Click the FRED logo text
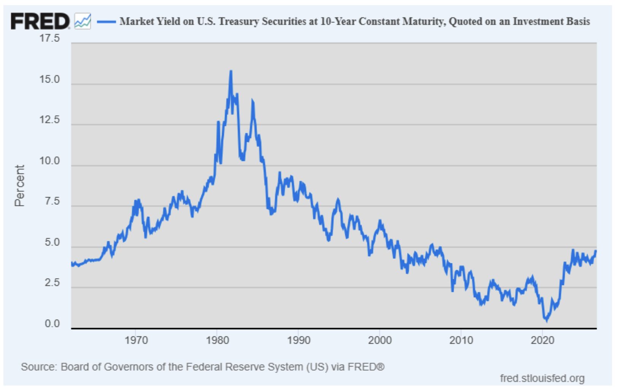pos(40,21)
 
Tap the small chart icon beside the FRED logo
pos(83,21)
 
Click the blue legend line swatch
pos(107,21)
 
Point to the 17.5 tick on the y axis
pos(49,38)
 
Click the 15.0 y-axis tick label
pos(49,80)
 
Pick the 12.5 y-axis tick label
pos(49,120)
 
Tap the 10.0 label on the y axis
pos(49,161)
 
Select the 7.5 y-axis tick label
pos(52,201)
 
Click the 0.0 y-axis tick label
pos(52,324)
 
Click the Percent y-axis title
pos(19,185)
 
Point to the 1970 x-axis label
pos(136,341)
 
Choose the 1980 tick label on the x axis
pos(217,341)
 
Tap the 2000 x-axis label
pos(380,341)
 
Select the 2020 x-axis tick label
pos(542,341)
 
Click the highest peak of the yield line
pos(231,72)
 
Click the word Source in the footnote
pos(39,367)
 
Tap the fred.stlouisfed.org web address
pos(542,378)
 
